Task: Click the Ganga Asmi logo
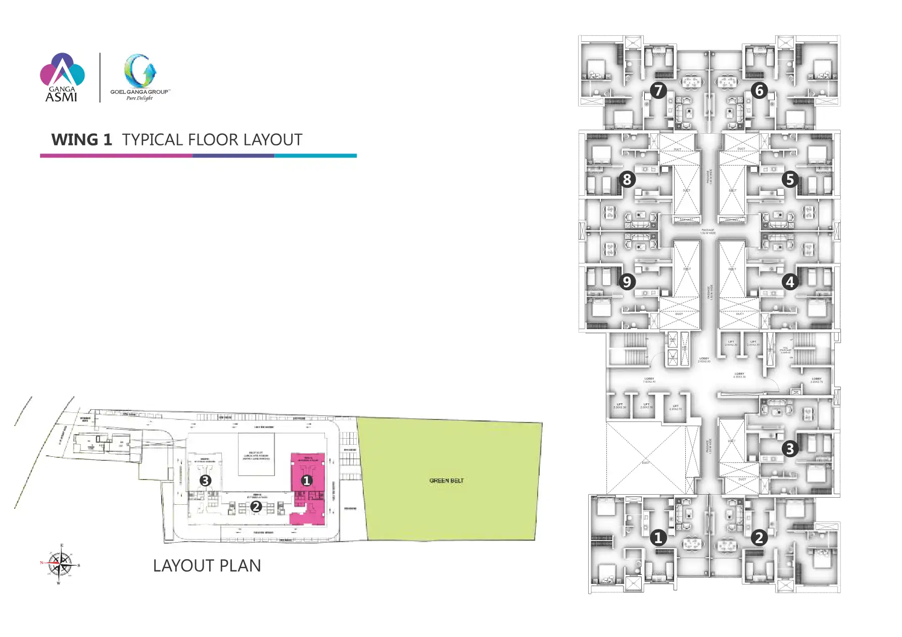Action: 62,77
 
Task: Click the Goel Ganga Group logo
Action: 140,77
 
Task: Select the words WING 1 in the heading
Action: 81,140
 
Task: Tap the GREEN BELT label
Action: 446,481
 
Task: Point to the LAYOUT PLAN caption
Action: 207,566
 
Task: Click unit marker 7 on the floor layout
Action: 658,91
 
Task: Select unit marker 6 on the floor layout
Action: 759,91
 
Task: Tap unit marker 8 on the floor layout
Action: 627,179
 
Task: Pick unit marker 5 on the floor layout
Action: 790,180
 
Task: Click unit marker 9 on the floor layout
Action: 627,282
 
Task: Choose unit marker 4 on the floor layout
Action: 790,282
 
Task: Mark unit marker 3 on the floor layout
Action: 790,449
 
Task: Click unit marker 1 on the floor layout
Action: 658,538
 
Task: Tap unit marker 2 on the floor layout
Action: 759,538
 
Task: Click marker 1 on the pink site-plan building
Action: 306,481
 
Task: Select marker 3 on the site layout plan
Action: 205,481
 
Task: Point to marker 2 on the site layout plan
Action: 256,506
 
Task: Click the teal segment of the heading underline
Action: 315,155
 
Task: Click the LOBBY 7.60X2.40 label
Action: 649,380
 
